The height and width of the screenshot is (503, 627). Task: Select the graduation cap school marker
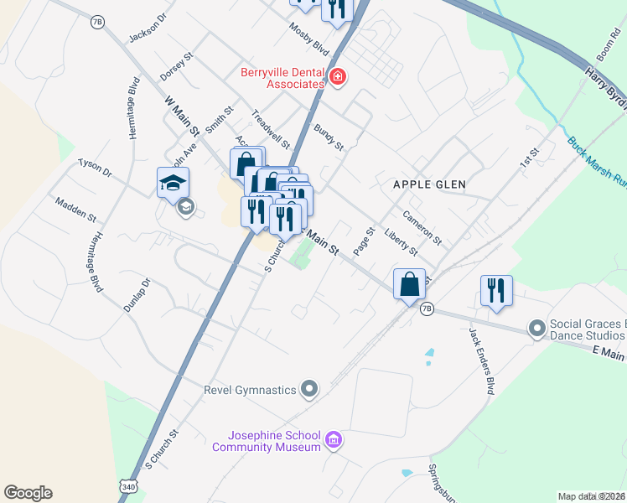(173, 183)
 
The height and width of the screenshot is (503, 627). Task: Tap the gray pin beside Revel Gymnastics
(310, 388)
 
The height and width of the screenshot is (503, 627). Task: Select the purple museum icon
(334, 440)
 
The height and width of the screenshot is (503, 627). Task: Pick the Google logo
(28, 493)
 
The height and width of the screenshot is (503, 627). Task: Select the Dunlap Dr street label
(135, 295)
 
